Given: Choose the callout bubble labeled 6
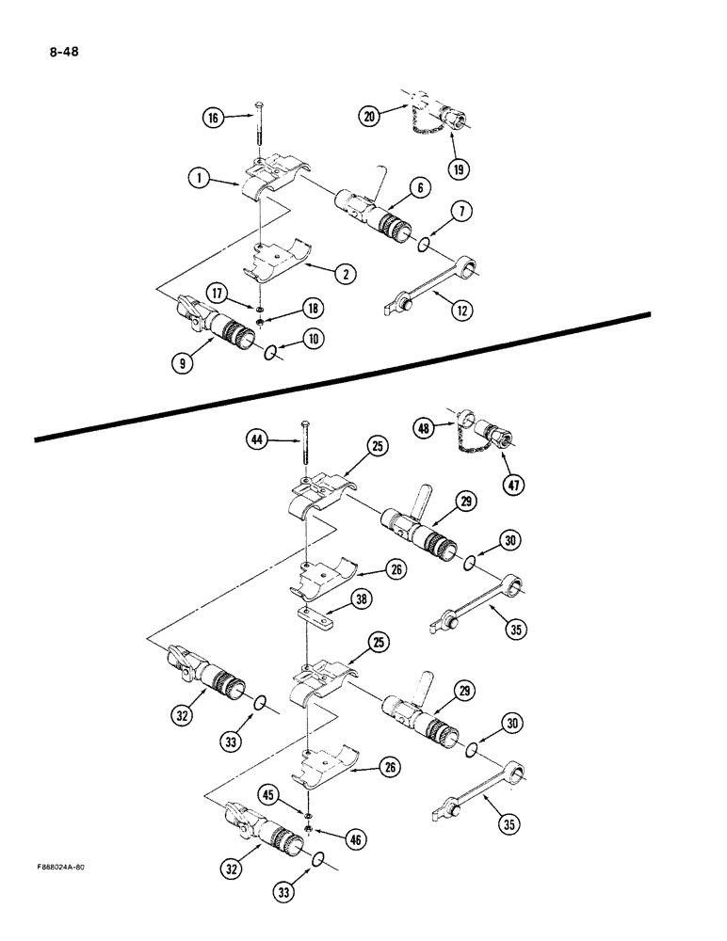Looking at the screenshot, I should click(x=420, y=188).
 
